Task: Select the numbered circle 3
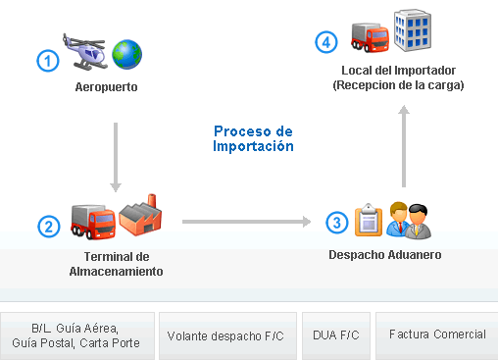[x=336, y=223]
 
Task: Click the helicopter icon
[x=85, y=51]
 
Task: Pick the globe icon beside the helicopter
[x=127, y=54]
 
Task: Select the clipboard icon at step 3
[x=367, y=219]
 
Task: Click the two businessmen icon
[x=409, y=220]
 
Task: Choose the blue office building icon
[x=412, y=29]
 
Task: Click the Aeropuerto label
[x=106, y=87]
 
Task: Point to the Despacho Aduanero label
[x=384, y=255]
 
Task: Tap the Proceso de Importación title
[x=254, y=138]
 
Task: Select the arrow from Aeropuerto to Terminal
[x=116, y=157]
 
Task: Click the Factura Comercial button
[x=436, y=335]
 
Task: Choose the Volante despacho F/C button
[x=225, y=335]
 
